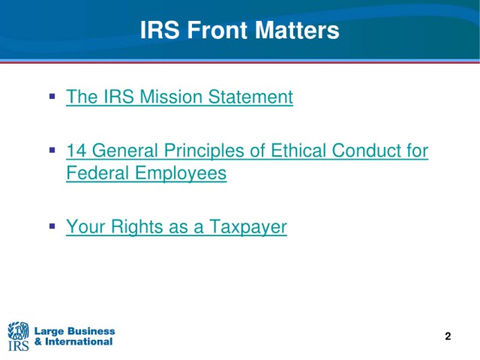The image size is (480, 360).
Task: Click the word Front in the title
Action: [217, 30]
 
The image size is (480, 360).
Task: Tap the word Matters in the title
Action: [297, 30]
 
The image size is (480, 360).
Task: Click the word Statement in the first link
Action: [250, 97]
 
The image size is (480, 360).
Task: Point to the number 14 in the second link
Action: [76, 151]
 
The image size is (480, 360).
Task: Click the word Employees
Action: [181, 173]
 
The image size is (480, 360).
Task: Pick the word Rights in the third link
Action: [136, 227]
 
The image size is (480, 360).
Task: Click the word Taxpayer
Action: [248, 227]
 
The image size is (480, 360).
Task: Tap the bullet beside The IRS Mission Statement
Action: [52, 97]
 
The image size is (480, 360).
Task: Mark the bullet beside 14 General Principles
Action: [52, 150]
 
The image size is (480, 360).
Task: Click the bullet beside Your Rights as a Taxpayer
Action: [52, 226]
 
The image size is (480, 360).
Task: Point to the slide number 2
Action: [448, 336]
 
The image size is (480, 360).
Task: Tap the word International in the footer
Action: [79, 341]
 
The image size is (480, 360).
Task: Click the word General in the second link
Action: [124, 151]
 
